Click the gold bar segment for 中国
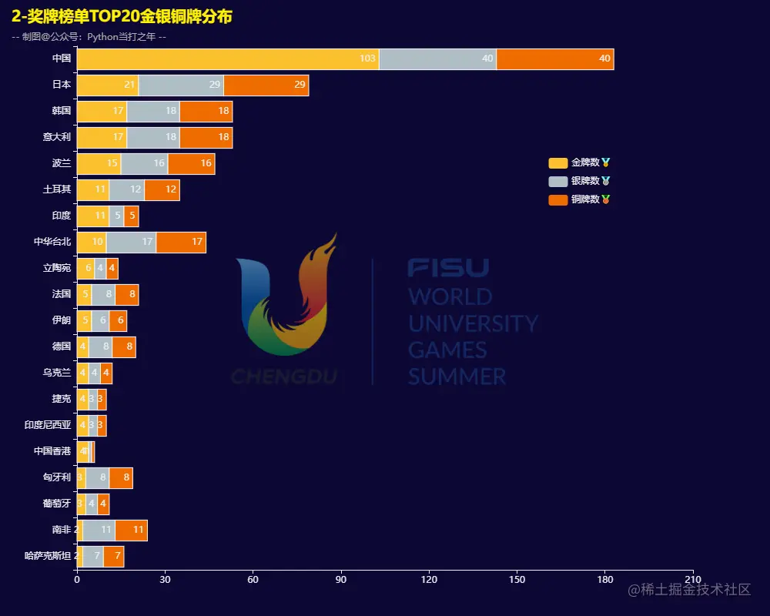[228, 59]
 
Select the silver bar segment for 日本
[181, 85]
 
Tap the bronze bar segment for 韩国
[206, 112]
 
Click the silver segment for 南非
[99, 531]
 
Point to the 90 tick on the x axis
[340, 580]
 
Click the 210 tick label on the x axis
[693, 580]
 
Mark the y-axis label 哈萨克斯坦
[48, 556]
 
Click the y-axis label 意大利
[56, 137]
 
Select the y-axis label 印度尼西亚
[48, 425]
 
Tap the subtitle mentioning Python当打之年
[89, 37]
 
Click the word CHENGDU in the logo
[283, 377]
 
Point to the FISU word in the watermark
[448, 268]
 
